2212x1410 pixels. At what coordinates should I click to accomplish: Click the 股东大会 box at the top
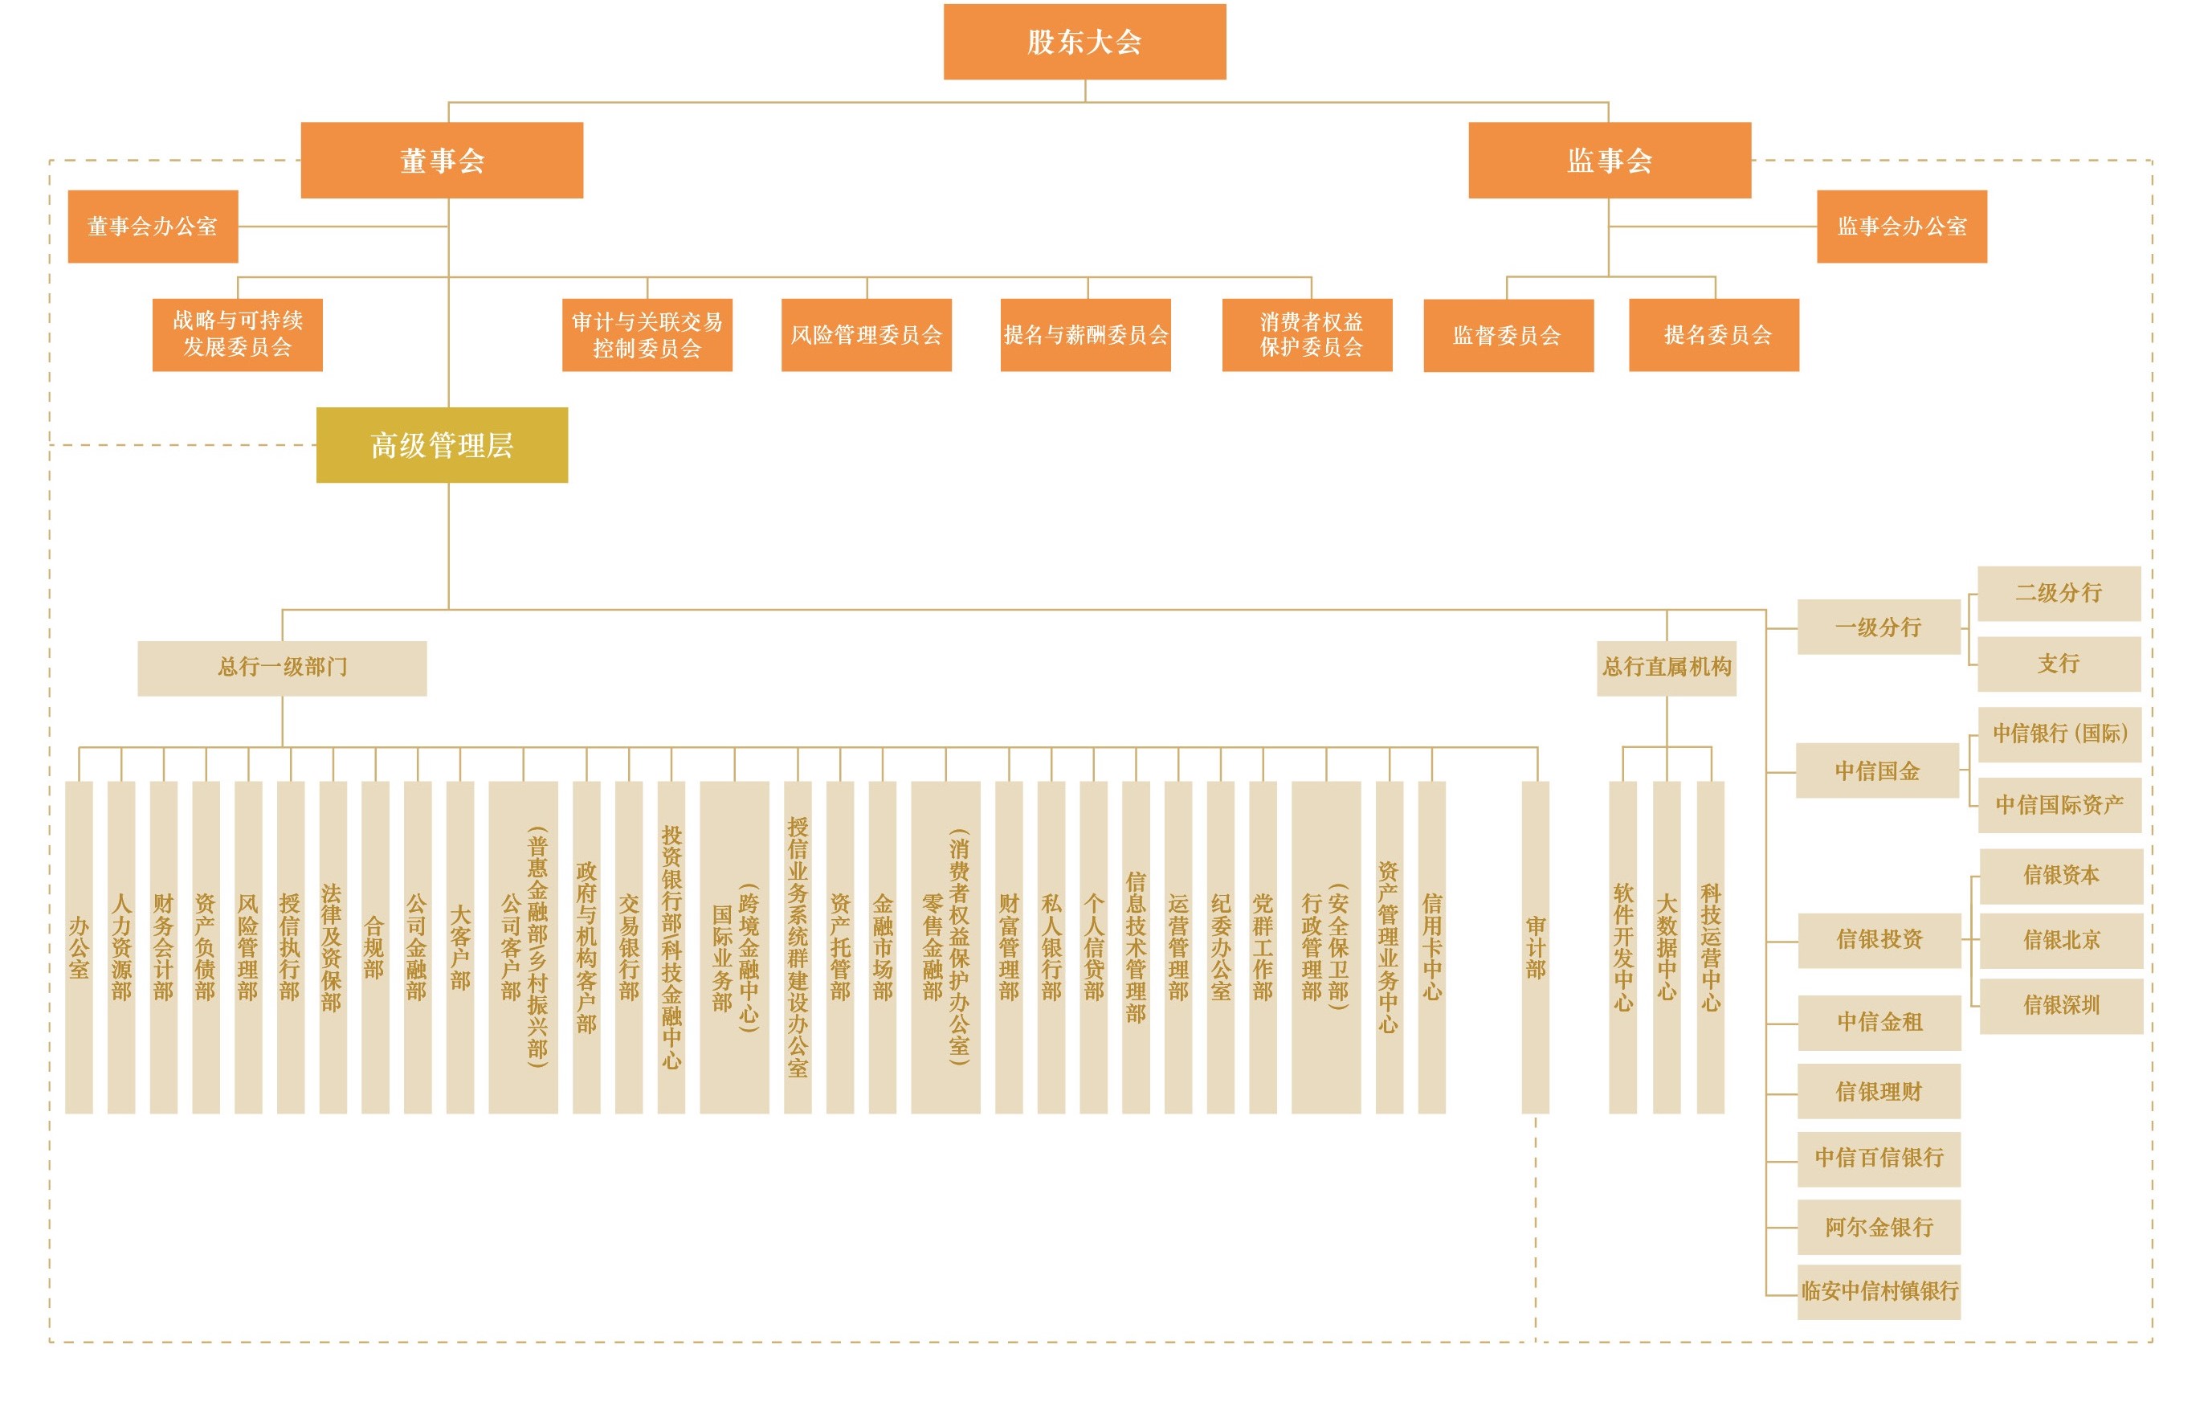pos(1084,41)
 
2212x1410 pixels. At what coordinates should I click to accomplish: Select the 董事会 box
pos(442,160)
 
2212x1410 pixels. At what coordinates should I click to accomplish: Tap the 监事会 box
pos(1610,160)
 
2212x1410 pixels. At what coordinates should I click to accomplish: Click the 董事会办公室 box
pos(153,226)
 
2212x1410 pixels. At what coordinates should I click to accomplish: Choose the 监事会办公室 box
pos(1901,226)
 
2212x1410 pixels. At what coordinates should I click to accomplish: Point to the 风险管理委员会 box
pos(866,334)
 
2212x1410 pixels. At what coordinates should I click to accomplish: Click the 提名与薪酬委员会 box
pos(1085,334)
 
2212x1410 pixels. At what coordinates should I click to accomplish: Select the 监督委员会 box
pos(1508,335)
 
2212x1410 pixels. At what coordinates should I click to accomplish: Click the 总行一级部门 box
pos(282,668)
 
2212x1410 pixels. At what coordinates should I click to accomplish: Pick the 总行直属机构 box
pos(1667,668)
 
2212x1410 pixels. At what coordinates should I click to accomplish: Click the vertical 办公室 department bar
pos(79,946)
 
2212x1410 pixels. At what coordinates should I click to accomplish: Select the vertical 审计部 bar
pos(1535,946)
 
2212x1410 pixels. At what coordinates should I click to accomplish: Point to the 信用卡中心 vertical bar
pos(1431,946)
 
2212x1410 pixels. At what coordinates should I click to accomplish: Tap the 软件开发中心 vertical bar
pos(1623,946)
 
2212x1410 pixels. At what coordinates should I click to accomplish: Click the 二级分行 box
pos(2059,594)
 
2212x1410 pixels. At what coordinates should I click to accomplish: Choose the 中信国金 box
pos(1878,770)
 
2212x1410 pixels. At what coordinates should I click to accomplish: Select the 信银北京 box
pos(2061,940)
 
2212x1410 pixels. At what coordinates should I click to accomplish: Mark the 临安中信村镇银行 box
pos(1879,1292)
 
